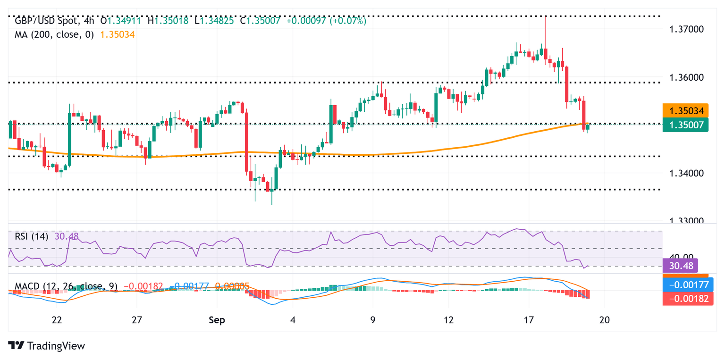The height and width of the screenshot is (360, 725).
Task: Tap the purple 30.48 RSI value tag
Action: point(680,265)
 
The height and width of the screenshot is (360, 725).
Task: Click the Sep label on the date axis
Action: point(218,320)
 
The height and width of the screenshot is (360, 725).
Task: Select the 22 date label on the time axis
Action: point(57,320)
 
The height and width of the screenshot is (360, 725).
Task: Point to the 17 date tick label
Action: point(529,320)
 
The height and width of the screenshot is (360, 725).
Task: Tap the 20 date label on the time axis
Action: point(604,320)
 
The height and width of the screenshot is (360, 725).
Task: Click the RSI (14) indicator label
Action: point(32,236)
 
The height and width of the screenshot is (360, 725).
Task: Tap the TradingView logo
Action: point(47,346)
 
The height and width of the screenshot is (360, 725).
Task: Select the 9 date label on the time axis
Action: point(373,320)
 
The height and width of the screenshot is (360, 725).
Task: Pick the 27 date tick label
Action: point(137,320)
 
